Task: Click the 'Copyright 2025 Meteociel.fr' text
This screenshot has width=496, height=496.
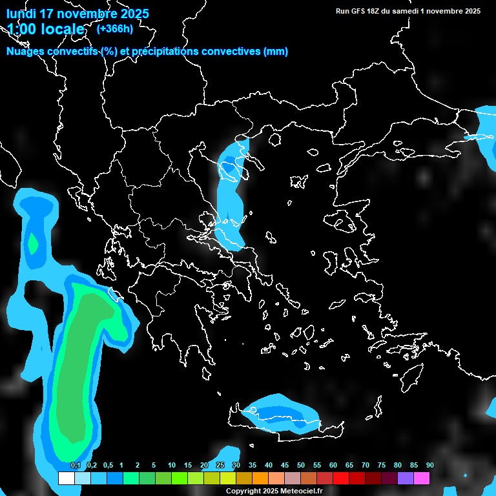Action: [274, 491]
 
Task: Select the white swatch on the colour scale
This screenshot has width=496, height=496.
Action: [66, 479]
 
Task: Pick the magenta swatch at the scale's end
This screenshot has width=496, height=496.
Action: [422, 479]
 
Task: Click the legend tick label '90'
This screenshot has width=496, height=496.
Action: [429, 466]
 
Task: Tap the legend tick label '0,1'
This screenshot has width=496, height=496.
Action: [75, 466]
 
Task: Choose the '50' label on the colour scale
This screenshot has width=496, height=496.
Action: [300, 466]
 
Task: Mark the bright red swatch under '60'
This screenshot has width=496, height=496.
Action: [340, 479]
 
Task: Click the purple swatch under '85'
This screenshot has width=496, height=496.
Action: [406, 479]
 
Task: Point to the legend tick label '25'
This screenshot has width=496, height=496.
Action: [220, 466]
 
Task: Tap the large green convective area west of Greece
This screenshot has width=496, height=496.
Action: [81, 362]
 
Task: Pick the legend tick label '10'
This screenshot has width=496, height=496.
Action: [171, 466]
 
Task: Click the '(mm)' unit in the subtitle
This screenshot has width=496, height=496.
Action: [276, 52]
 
